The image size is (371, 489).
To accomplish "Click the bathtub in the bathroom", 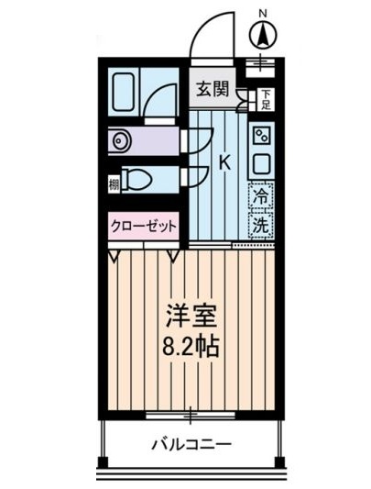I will coord(125,92).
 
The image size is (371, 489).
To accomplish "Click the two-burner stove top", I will coord(261,139).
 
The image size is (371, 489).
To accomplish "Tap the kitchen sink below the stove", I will coord(261,165).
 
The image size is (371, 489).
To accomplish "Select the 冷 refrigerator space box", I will coord(261,195).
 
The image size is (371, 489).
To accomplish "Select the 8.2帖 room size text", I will coord(191,350).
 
